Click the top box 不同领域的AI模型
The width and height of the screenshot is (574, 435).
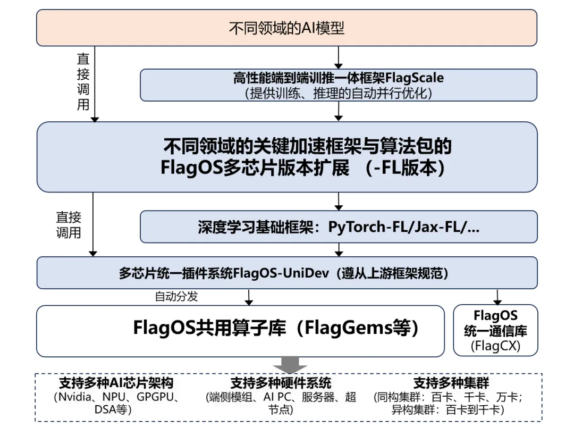(x=286, y=28)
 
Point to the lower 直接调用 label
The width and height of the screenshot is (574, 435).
(x=69, y=225)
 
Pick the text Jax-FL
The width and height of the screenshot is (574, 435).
(x=437, y=227)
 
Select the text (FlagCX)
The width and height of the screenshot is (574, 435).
(x=495, y=347)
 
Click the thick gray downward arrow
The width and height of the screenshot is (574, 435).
(x=290, y=365)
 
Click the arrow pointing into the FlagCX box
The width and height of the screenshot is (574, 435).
(x=498, y=297)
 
